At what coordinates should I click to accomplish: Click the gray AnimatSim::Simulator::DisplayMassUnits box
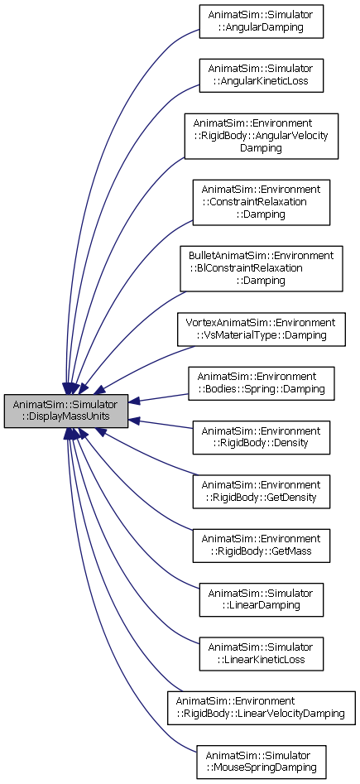pyautogui.click(x=66, y=411)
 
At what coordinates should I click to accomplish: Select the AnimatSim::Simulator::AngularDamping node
pyautogui.click(x=261, y=22)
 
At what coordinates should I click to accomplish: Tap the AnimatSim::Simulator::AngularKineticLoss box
pyautogui.click(x=261, y=75)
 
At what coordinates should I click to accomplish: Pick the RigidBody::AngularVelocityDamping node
pyautogui.click(x=261, y=136)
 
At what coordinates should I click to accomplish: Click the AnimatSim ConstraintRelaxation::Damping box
pyautogui.click(x=261, y=202)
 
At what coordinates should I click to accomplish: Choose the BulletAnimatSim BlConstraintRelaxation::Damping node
pyautogui.click(x=261, y=268)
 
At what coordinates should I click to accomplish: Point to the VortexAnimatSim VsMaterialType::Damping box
pyautogui.click(x=261, y=329)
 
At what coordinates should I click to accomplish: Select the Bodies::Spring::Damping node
pyautogui.click(x=261, y=383)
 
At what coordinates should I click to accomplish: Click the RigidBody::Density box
pyautogui.click(x=261, y=437)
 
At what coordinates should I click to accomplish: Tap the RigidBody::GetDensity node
pyautogui.click(x=261, y=492)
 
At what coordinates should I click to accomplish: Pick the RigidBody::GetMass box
pyautogui.click(x=261, y=546)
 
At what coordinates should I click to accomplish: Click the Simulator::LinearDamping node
pyautogui.click(x=261, y=599)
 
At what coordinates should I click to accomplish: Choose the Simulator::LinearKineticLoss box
pyautogui.click(x=261, y=653)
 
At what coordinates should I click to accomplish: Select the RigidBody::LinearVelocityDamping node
pyautogui.click(x=261, y=708)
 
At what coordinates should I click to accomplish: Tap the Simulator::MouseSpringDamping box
pyautogui.click(x=261, y=762)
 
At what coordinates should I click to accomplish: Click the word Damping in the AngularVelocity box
pyautogui.click(x=261, y=148)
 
